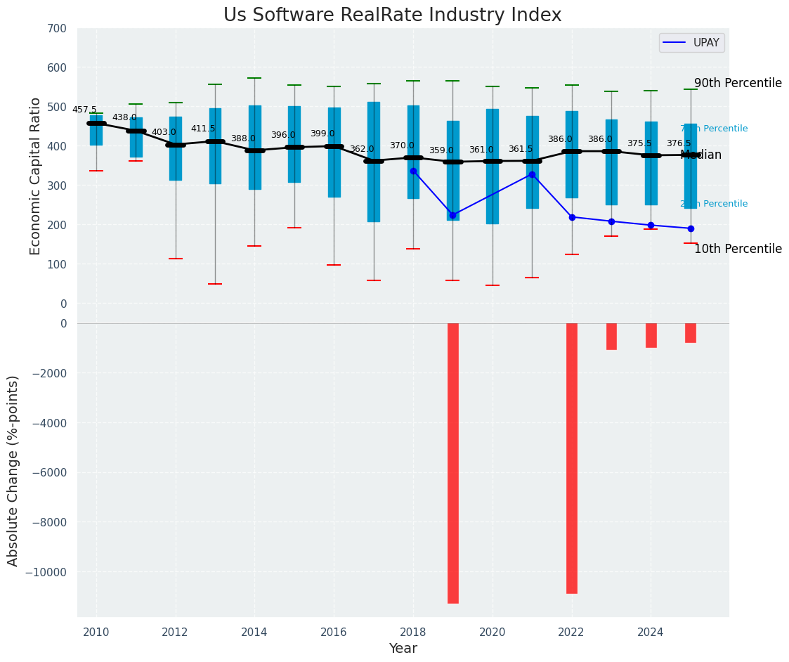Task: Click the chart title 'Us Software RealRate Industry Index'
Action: [x=392, y=15]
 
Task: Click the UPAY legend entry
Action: [x=691, y=43]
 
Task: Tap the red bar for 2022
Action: [x=571, y=457]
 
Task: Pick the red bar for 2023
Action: [x=611, y=336]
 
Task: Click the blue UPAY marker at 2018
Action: [x=413, y=171]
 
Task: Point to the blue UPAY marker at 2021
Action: [x=532, y=174]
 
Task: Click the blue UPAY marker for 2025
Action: [x=691, y=228]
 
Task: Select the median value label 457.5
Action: [x=84, y=110]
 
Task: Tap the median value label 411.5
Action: [x=203, y=129]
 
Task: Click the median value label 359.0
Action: [x=441, y=150]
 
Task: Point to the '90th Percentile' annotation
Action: [x=738, y=83]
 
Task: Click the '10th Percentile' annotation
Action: [x=738, y=249]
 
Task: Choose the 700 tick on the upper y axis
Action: [x=57, y=29]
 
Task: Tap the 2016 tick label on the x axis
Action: [x=334, y=632]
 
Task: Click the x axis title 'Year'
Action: [x=403, y=649]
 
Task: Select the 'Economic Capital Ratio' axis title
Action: [x=36, y=167]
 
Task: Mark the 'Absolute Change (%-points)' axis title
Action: [x=13, y=470]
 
